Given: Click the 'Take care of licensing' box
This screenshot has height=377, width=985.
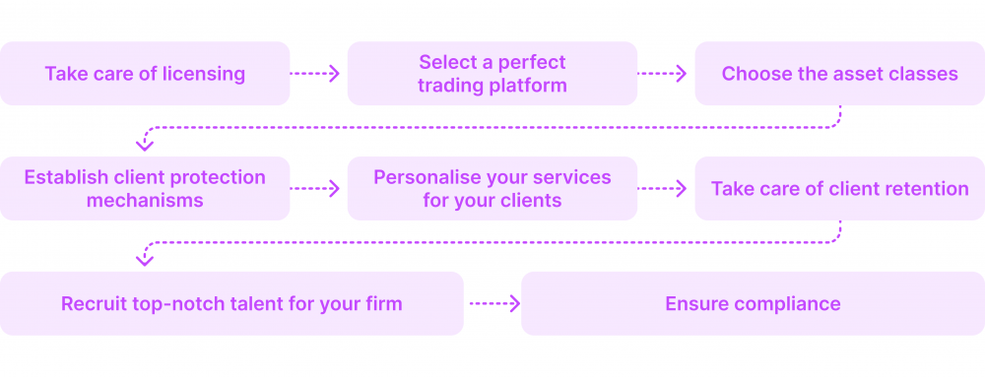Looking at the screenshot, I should click(145, 73).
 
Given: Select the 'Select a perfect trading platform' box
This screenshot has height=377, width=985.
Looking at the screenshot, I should click(492, 73).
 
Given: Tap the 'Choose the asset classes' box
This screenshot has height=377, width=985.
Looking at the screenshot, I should click(839, 73).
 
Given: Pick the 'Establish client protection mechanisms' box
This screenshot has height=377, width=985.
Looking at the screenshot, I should click(145, 188).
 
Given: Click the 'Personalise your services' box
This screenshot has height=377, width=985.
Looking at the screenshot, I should click(492, 188).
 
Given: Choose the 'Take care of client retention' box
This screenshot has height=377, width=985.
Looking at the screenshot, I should click(839, 188).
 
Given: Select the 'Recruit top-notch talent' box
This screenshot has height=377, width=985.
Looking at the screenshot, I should click(231, 303).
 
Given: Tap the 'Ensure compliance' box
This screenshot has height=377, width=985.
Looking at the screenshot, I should click(753, 303).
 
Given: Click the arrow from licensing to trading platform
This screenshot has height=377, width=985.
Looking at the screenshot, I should click(315, 73).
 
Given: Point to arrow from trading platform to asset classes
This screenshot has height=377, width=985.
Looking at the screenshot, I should click(663, 73).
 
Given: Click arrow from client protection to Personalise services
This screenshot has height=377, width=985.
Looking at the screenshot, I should click(315, 188).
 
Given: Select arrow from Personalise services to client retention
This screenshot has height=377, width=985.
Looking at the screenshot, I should click(663, 188).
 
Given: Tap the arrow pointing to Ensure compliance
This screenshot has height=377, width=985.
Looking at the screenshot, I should click(492, 303).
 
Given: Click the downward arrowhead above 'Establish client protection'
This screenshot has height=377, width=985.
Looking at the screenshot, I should click(145, 144).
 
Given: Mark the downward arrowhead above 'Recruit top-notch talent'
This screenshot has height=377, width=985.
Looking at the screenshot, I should click(145, 259).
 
